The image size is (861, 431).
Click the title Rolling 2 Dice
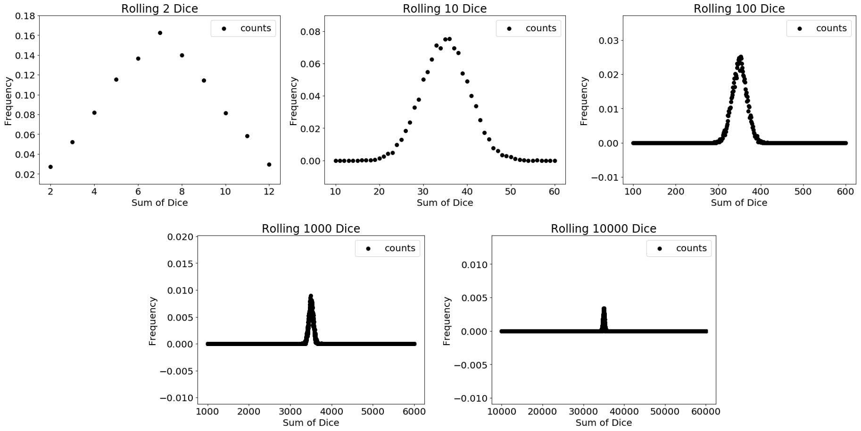point(159,8)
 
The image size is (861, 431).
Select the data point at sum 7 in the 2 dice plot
point(160,33)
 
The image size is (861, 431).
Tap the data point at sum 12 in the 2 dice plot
point(269,165)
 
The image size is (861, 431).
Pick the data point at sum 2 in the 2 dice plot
point(50,167)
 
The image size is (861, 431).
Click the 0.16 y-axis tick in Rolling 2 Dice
point(25,36)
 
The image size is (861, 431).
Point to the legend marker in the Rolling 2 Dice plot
point(224,29)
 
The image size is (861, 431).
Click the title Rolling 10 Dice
point(445,8)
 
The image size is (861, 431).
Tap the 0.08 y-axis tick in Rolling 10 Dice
point(310,32)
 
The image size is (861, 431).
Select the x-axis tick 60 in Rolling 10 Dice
point(555,191)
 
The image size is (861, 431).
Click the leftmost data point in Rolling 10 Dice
point(336,161)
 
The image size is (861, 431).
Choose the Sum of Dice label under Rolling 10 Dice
point(445,203)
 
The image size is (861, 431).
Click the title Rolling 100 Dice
point(739,8)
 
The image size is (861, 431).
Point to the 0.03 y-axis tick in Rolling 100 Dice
point(608,41)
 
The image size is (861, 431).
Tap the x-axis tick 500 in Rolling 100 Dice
point(803,191)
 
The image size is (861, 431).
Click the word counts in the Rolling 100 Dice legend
point(831,28)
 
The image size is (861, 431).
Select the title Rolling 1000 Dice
point(311,228)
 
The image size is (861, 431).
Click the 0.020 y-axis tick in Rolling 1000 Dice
point(180,237)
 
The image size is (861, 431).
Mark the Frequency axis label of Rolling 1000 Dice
point(152,321)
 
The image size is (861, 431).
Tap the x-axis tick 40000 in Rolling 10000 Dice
point(624,411)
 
